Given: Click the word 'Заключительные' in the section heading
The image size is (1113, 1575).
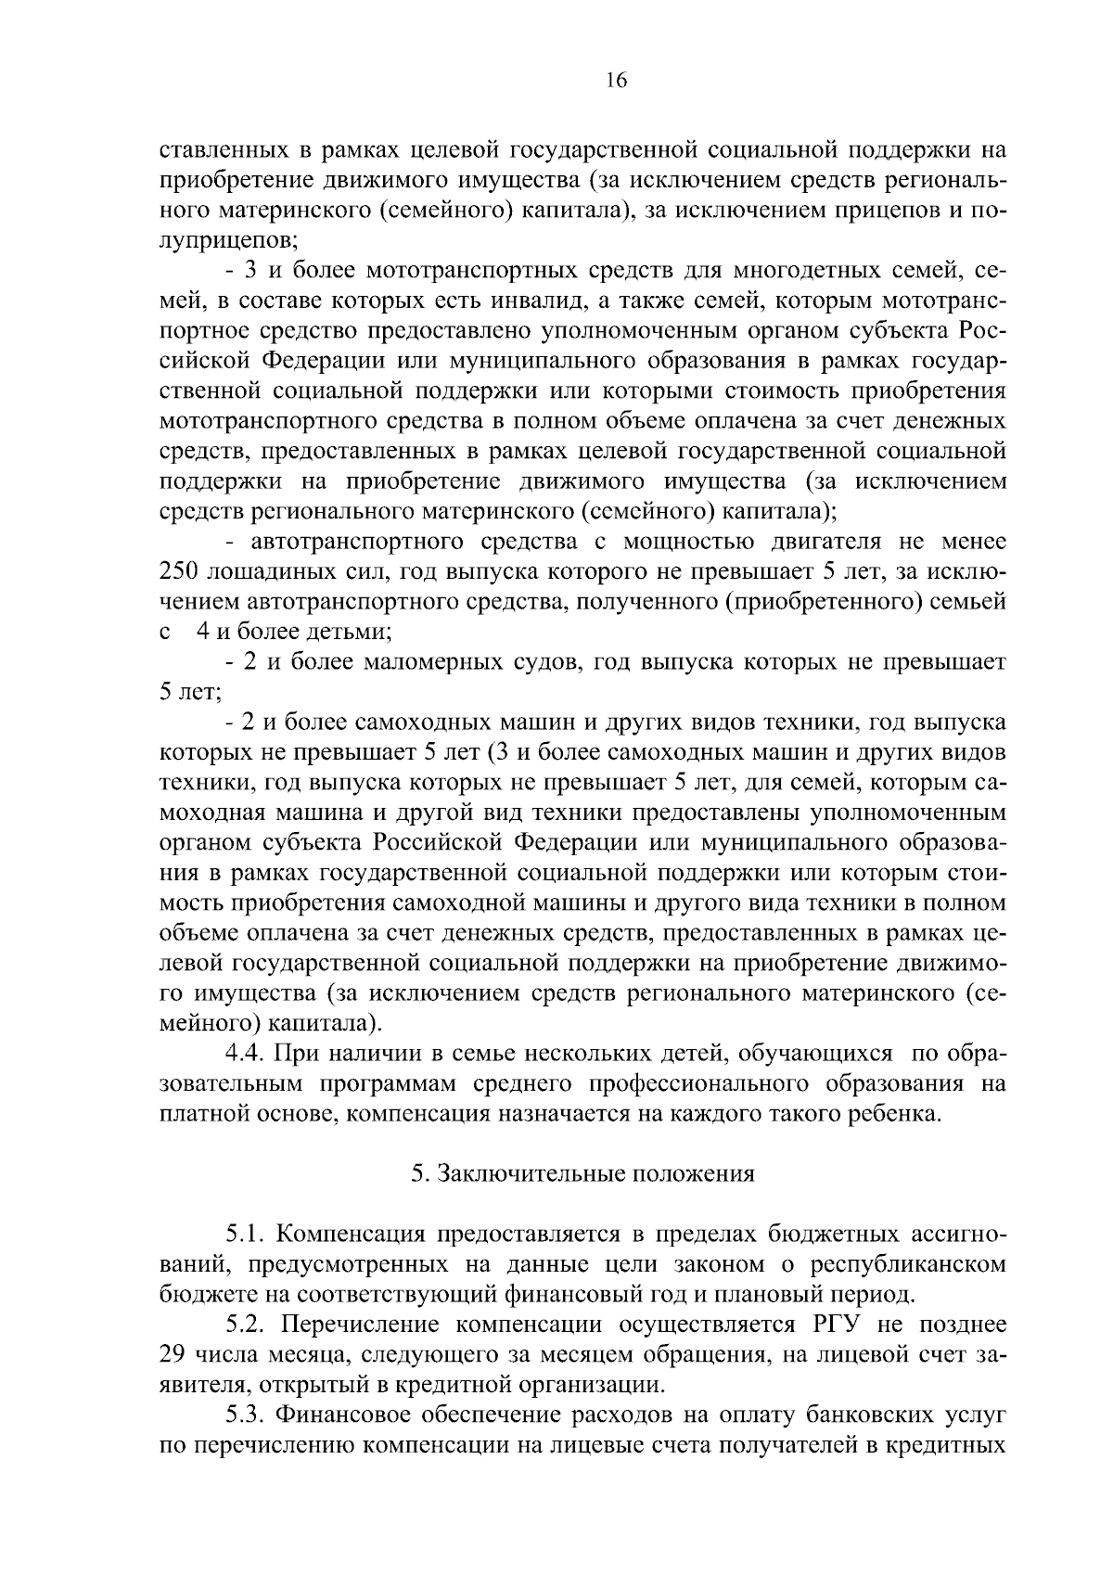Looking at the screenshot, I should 533,1173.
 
